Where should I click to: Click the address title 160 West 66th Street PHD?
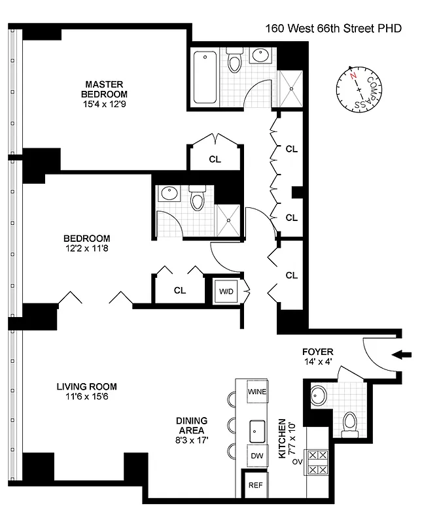coord(332,28)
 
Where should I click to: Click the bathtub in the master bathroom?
coord(205,78)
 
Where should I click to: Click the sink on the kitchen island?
coord(256,430)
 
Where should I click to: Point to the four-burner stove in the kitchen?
coord(317,462)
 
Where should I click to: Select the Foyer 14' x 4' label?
coord(318,357)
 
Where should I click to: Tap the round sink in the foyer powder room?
coord(319,396)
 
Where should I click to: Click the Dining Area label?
coord(191,426)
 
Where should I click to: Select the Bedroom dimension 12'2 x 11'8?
coord(86,249)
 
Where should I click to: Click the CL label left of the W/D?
coord(179,290)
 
